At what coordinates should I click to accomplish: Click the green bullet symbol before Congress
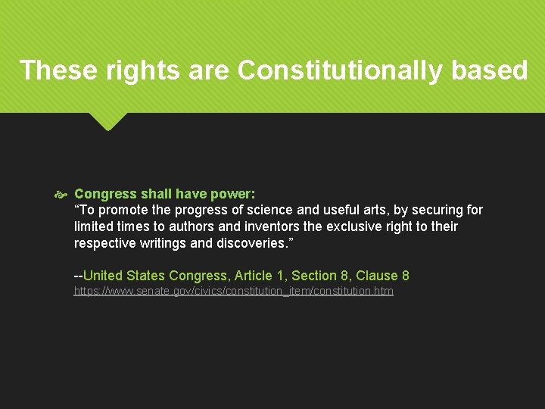point(61,195)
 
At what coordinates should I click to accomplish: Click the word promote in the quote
point(117,210)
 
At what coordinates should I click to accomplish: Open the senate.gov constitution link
point(233,291)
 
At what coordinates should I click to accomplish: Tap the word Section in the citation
point(313,276)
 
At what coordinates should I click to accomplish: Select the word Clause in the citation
point(377,276)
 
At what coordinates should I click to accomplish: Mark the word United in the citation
point(103,276)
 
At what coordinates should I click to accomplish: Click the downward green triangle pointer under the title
point(107,120)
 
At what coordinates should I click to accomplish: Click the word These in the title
point(54,70)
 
